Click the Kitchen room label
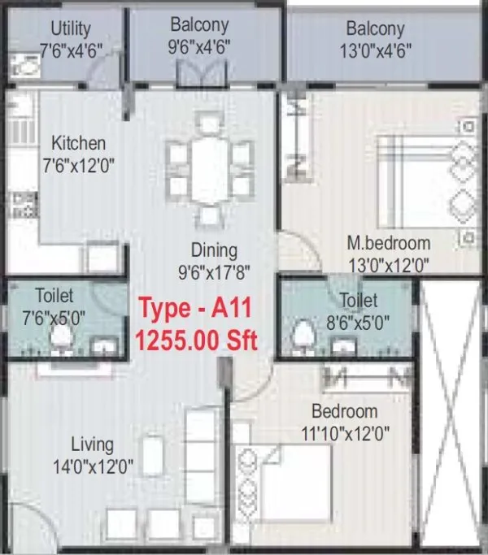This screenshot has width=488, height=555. tap(79, 143)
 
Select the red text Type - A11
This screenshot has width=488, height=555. tap(196, 309)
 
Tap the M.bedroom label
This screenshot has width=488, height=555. tap(388, 243)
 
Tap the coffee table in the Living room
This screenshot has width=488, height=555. tap(150, 457)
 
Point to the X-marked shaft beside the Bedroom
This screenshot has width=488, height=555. tap(451, 406)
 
